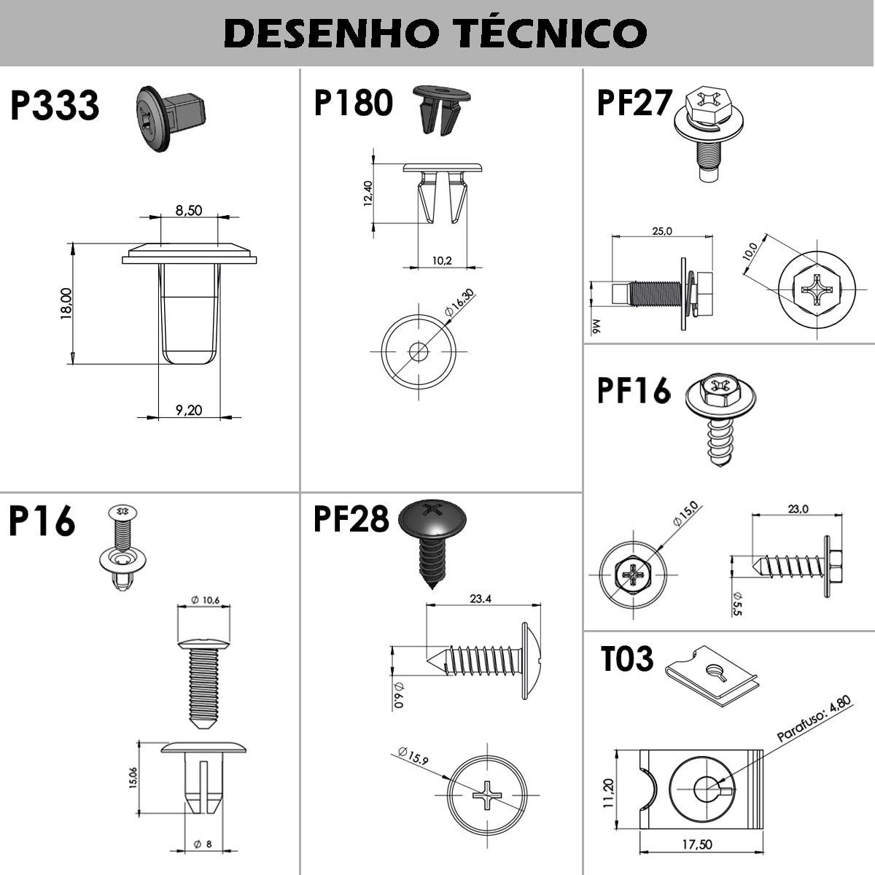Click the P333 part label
coord(55,105)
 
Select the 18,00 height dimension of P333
coord(66,303)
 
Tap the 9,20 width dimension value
coord(189,410)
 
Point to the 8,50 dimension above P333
coord(188,210)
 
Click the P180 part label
coord(353,103)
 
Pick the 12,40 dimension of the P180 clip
coord(367,194)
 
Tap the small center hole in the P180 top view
coord(419,351)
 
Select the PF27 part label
coord(634,103)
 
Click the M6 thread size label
coord(596,327)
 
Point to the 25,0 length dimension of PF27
coord(662,231)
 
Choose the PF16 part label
coord(634,390)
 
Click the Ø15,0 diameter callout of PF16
coord(687,513)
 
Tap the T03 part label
coord(627,659)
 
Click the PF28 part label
coord(351,519)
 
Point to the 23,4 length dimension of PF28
coord(481,599)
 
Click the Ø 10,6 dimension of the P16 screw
coord(205,600)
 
